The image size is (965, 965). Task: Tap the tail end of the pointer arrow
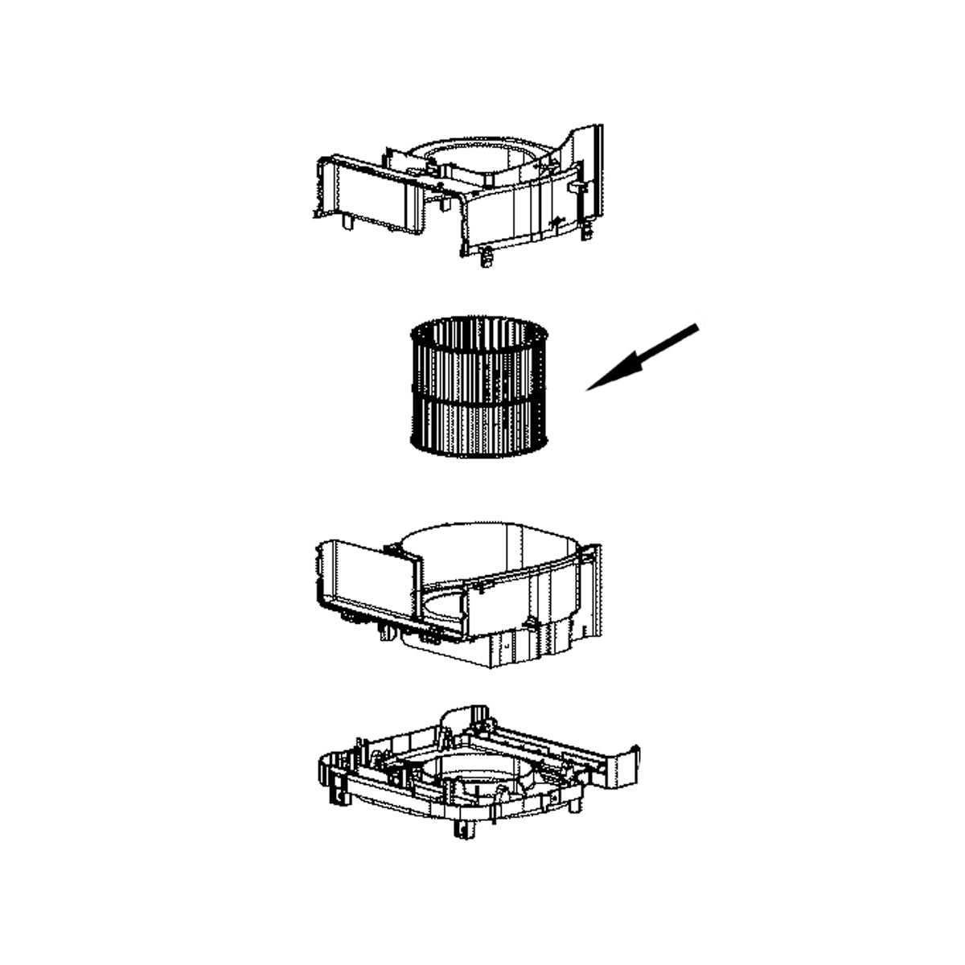[696, 326]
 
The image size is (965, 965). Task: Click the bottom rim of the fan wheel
[479, 452]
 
